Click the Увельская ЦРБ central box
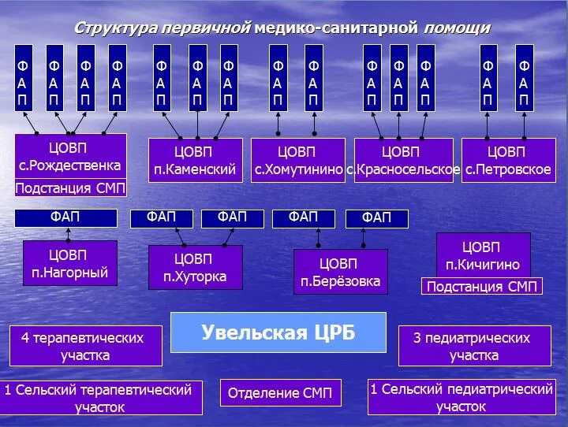tap(278, 332)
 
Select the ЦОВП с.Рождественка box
tap(70, 157)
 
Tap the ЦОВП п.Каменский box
tap(195, 161)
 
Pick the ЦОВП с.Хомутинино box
tap(298, 161)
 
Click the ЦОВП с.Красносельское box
tap(403, 161)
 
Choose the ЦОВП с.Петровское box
tap(507, 161)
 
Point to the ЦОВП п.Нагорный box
tap(69, 264)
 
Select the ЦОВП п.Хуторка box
tap(195, 268)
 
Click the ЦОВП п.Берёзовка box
tap(340, 272)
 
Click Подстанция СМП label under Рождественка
tap(70, 189)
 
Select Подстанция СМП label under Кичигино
tap(482, 287)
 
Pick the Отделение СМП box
tap(280, 393)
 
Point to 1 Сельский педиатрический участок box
tap(461, 398)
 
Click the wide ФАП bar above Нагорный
tap(65, 217)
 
